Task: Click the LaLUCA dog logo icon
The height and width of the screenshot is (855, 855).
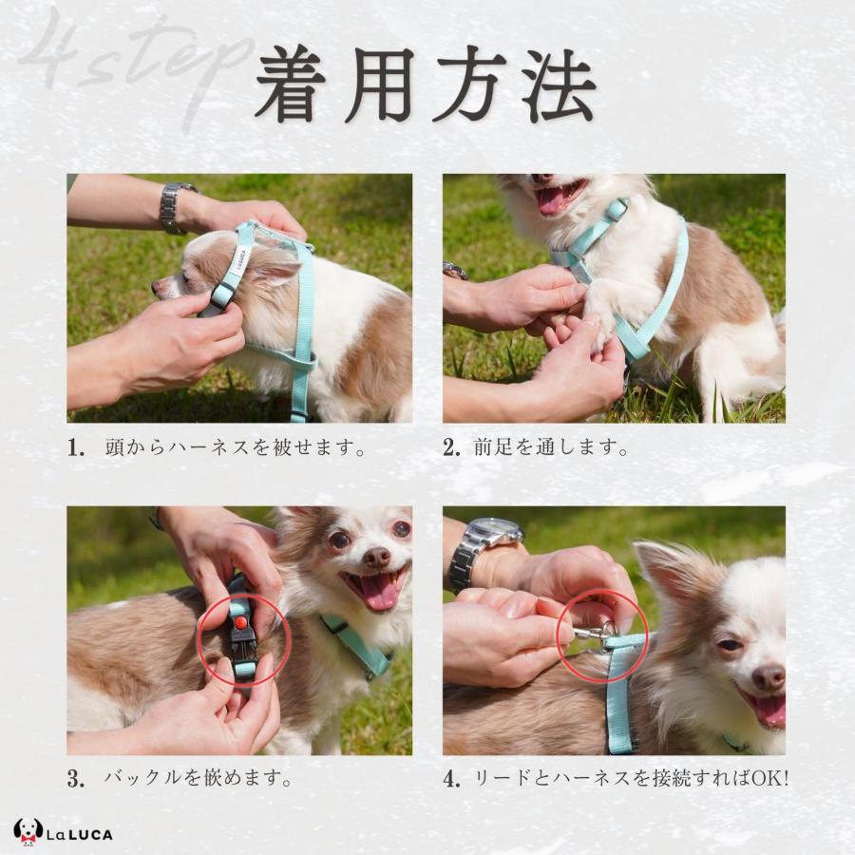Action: pyautogui.click(x=28, y=831)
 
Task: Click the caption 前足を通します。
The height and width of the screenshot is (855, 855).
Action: pyautogui.click(x=551, y=448)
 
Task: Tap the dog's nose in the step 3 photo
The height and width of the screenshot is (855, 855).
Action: pyautogui.click(x=376, y=556)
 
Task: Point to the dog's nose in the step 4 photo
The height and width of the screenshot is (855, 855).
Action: pyautogui.click(x=768, y=676)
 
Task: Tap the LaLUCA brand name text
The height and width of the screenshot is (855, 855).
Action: pyautogui.click(x=82, y=834)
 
